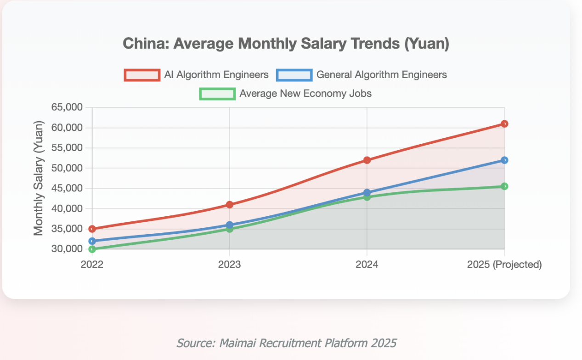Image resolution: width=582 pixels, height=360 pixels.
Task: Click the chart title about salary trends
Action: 286,44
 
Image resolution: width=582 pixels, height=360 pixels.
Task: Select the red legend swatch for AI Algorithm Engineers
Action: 141,75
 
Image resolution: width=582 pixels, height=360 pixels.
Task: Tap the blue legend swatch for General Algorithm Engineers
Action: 294,75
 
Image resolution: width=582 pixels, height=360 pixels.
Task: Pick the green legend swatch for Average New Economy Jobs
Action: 217,94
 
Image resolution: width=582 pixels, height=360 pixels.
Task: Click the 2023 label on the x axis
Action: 229,265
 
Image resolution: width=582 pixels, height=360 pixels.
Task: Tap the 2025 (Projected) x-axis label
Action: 504,265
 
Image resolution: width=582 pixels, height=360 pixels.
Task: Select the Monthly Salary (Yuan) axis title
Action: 39,178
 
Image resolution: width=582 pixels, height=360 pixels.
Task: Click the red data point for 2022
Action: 92,229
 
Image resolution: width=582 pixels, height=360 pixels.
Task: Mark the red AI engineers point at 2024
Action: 367,160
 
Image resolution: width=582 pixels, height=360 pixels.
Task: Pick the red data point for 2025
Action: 504,124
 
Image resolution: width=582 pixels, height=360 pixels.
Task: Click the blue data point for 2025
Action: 504,160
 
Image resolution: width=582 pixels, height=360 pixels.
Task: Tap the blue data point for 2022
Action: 92,241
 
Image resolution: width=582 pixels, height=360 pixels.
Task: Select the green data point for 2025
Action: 504,186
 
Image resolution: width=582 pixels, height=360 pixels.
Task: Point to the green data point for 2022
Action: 92,249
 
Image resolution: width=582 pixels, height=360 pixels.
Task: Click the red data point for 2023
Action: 230,204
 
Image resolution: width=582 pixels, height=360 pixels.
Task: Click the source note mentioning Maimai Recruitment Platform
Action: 286,343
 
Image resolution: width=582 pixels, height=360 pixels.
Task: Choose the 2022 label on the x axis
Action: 92,265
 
